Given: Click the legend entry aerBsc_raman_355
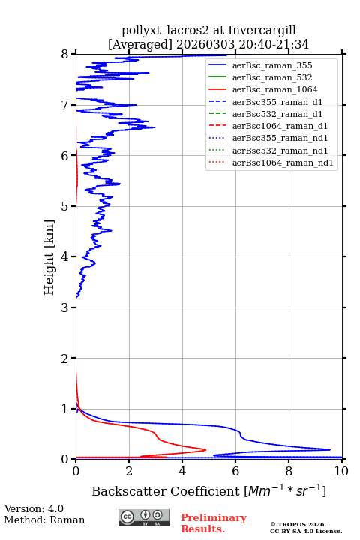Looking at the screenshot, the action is click(x=272, y=65).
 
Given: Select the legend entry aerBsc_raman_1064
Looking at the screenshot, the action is click(x=275, y=89).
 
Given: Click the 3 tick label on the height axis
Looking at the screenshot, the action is click(x=64, y=307).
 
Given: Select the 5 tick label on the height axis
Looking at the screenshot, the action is click(x=64, y=206).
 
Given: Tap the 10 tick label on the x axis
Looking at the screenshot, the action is click(x=341, y=471).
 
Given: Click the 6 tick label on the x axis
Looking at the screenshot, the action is click(x=235, y=471).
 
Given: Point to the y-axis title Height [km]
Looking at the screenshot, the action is click(x=49, y=257).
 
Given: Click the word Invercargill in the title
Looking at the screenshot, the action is click(x=262, y=30).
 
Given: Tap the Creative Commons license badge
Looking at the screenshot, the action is click(x=144, y=517).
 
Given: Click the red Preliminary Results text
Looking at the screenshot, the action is click(x=214, y=523).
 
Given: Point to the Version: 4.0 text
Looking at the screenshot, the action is click(x=34, y=508).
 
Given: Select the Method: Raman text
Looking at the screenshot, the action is click(x=44, y=520).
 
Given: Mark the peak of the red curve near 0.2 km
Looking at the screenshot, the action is click(x=205, y=449).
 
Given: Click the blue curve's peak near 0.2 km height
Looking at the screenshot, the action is click(x=330, y=449).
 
